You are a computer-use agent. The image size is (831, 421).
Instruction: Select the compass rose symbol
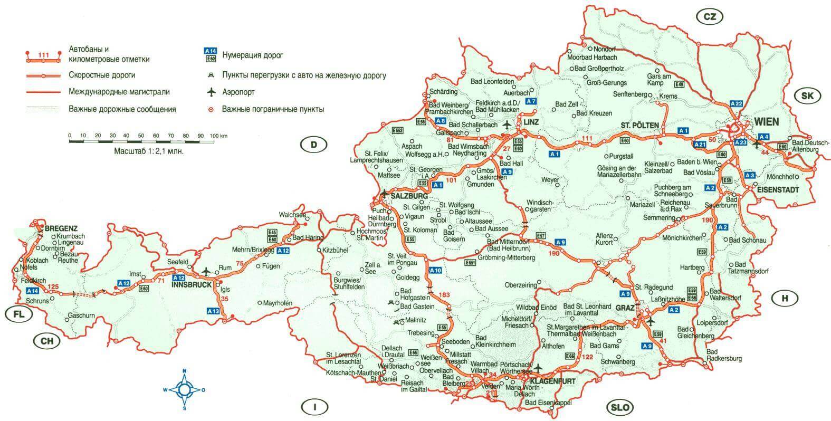[184, 390]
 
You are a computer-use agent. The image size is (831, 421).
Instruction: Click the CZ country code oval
[710, 17]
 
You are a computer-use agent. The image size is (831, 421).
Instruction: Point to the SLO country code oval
[620, 407]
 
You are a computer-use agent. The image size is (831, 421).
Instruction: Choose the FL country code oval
[18, 314]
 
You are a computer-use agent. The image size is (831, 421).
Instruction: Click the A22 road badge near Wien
[736, 103]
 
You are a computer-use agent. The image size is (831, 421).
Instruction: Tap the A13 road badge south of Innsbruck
[213, 311]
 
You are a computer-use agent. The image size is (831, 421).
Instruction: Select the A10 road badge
[435, 271]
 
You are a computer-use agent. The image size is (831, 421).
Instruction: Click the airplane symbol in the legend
[212, 92]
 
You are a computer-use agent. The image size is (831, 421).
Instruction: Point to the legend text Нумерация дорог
[253, 55]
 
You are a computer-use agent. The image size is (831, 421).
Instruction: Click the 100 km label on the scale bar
[218, 136]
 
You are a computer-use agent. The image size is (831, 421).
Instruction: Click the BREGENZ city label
[61, 228]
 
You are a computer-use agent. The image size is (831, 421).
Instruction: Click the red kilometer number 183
[445, 293]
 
